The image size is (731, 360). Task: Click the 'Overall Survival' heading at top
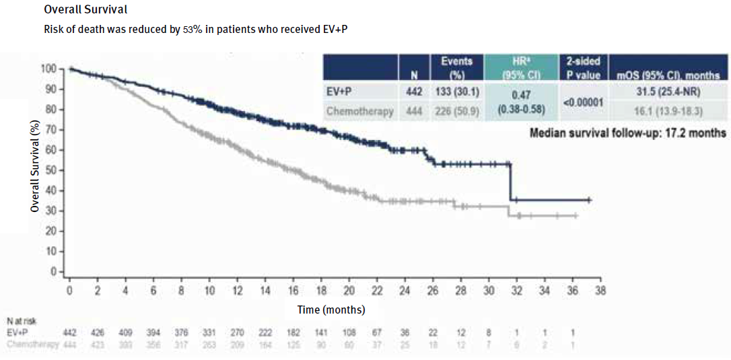(85, 11)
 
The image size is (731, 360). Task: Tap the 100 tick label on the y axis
(48, 69)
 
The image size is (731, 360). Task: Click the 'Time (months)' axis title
(332, 310)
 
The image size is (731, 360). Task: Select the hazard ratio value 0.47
(522, 96)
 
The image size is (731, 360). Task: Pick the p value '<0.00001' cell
(584, 102)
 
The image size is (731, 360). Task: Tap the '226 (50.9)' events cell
(457, 112)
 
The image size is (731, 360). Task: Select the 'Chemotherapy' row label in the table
(360, 112)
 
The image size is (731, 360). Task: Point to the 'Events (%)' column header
(457, 68)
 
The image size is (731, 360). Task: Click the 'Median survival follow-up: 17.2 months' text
(627, 133)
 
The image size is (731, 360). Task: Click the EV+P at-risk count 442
(69, 333)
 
